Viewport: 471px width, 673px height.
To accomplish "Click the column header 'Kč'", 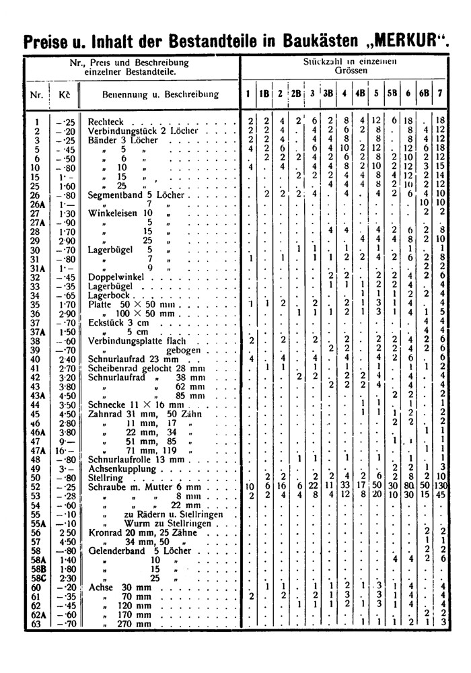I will [65, 94].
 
